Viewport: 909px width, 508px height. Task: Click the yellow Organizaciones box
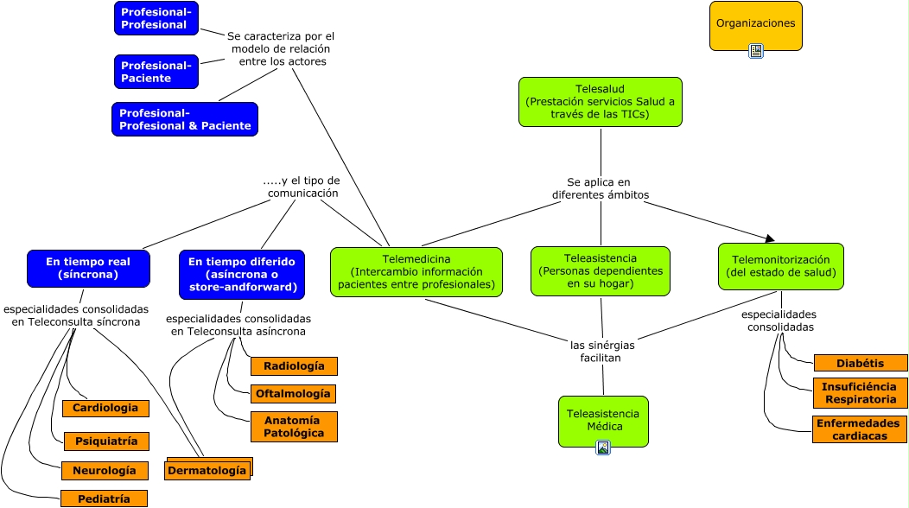755,24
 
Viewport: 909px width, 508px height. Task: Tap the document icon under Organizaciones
756,51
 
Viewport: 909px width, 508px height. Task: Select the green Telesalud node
600,102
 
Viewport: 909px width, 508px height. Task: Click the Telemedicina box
416,272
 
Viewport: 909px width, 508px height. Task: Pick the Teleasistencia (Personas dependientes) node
600,271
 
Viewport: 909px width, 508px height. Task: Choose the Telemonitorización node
780,266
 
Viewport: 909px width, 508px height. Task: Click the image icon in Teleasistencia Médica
603,447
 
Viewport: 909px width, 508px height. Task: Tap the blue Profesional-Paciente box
156,72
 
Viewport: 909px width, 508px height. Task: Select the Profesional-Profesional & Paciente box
184,119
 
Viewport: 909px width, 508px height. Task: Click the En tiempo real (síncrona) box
87,268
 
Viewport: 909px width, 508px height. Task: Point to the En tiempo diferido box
241,274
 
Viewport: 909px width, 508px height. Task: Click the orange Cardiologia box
105,408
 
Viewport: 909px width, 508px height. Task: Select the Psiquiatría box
105,441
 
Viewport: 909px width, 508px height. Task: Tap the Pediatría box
104,498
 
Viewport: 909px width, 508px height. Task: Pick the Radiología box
293,366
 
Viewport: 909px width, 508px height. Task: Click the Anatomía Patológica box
293,427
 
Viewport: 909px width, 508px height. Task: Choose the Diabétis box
859,363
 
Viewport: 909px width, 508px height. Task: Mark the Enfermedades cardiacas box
859,429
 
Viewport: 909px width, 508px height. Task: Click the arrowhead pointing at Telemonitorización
769,238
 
